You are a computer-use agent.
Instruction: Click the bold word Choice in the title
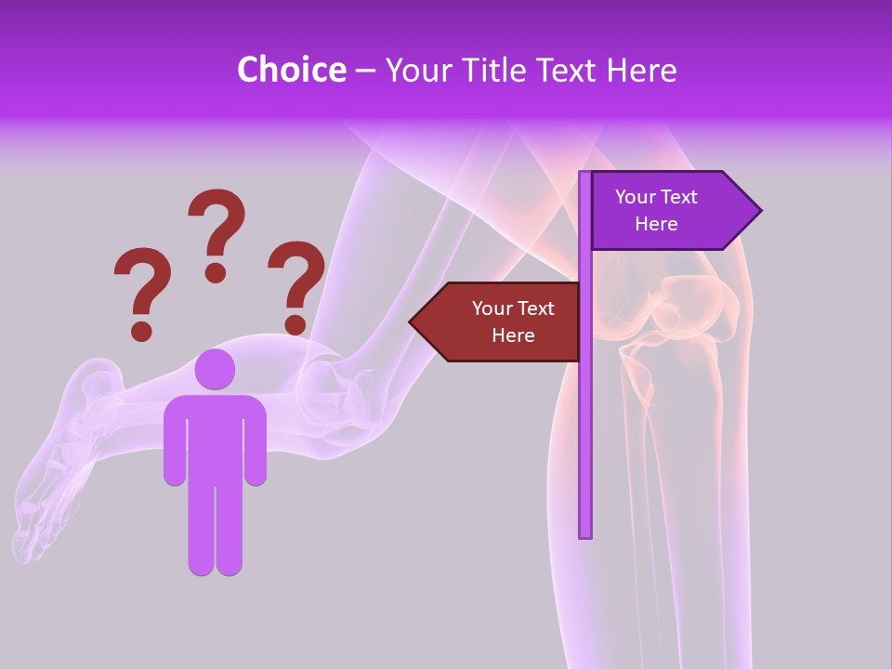[291, 70]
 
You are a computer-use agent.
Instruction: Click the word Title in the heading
[499, 70]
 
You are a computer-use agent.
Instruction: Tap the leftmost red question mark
[142, 291]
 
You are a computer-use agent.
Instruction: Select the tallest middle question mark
[216, 232]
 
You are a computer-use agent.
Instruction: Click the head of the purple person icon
[215, 369]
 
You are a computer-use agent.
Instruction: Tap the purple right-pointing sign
[669, 211]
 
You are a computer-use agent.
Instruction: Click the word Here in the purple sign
[656, 224]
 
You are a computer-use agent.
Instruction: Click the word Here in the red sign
[513, 335]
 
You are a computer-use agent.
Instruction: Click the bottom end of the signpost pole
[585, 533]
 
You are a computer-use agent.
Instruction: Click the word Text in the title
[569, 70]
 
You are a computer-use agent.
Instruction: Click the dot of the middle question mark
[216, 271]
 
